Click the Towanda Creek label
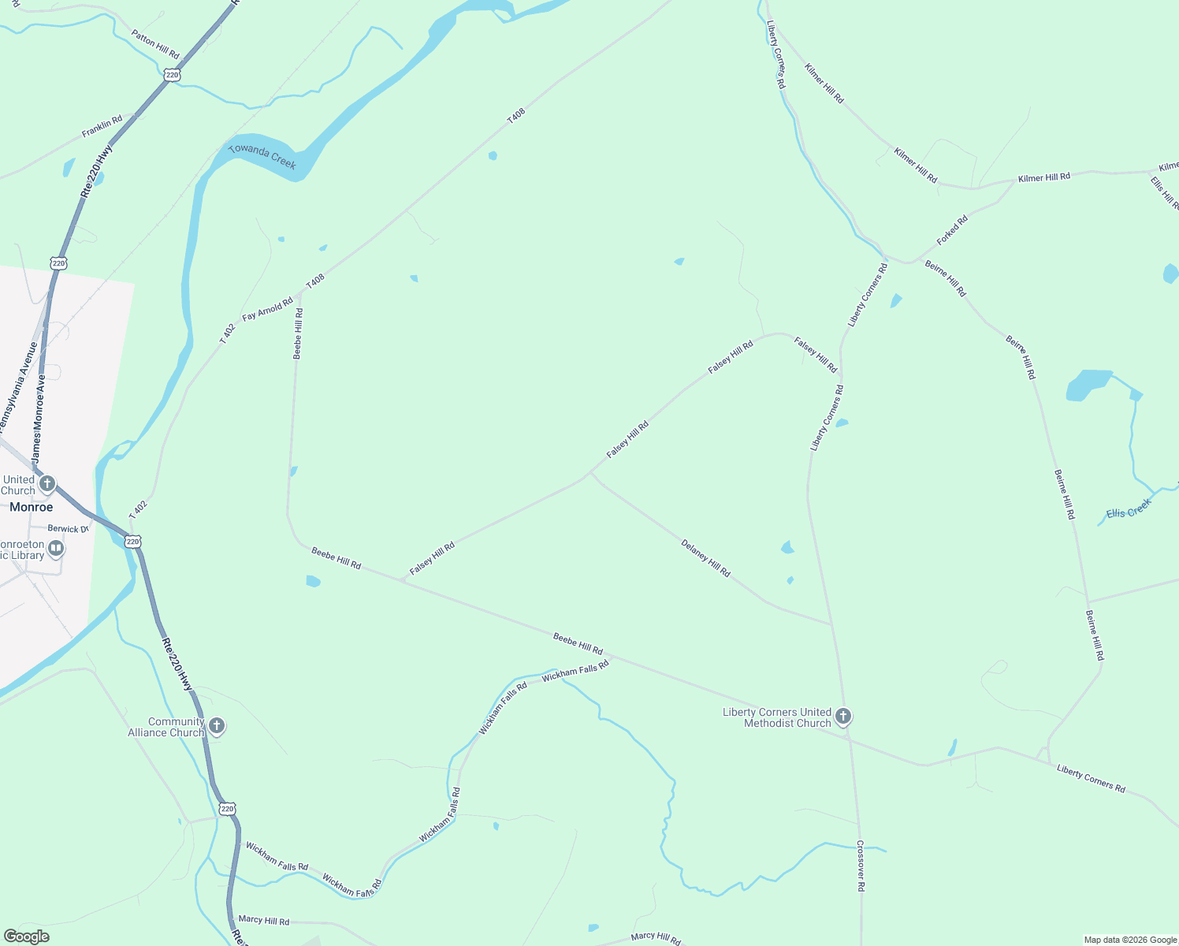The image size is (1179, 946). click(262, 158)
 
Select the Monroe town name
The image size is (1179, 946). click(32, 507)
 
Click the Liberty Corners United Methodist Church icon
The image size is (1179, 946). click(843, 717)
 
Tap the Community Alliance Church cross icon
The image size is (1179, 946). click(217, 726)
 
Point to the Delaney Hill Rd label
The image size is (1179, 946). click(705, 558)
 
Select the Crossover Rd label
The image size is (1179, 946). click(861, 866)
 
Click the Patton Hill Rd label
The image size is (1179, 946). click(155, 44)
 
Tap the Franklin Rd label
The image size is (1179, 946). click(102, 126)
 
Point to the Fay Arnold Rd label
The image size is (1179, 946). click(267, 309)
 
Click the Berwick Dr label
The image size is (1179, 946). click(68, 529)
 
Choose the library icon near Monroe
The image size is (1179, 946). click(56, 548)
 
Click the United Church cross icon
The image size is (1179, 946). click(47, 483)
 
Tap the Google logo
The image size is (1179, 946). click(26, 937)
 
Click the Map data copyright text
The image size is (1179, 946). click(1130, 940)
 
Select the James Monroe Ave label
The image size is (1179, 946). click(38, 418)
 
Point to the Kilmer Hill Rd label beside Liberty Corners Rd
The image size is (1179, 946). click(824, 83)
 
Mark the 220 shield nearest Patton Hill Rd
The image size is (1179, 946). click(173, 75)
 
